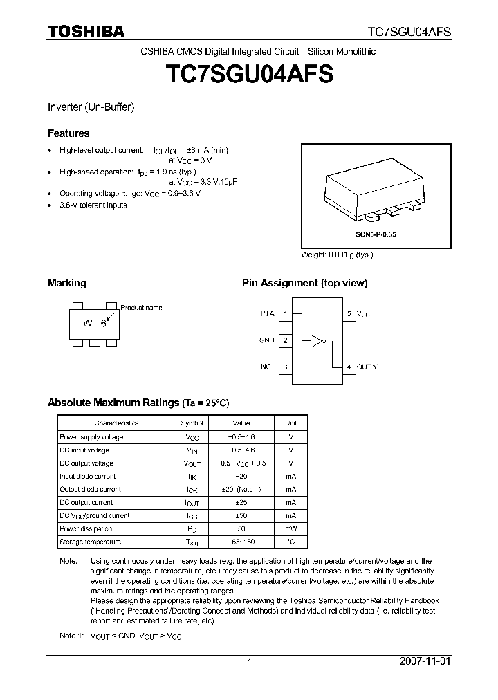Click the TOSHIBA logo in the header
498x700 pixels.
pyautogui.click(x=86, y=30)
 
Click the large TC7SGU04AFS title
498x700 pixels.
pyautogui.click(x=248, y=75)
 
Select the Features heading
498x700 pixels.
pyautogui.click(x=68, y=133)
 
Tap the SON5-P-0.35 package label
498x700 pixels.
pyautogui.click(x=376, y=235)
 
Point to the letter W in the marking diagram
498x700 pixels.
pyautogui.click(x=88, y=323)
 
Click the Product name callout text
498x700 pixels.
pyautogui.click(x=142, y=308)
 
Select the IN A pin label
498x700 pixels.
pyautogui.click(x=267, y=313)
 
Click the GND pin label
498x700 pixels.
pyautogui.click(x=266, y=340)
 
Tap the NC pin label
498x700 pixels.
pyautogui.click(x=266, y=367)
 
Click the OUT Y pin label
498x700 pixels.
pyautogui.click(x=367, y=367)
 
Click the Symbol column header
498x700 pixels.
pyautogui.click(x=192, y=423)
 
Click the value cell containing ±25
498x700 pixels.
pyautogui.click(x=241, y=502)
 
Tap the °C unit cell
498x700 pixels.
pyautogui.click(x=290, y=542)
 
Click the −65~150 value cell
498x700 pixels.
pyautogui.click(x=241, y=542)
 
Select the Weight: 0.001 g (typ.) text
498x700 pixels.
pyautogui.click(x=337, y=255)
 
